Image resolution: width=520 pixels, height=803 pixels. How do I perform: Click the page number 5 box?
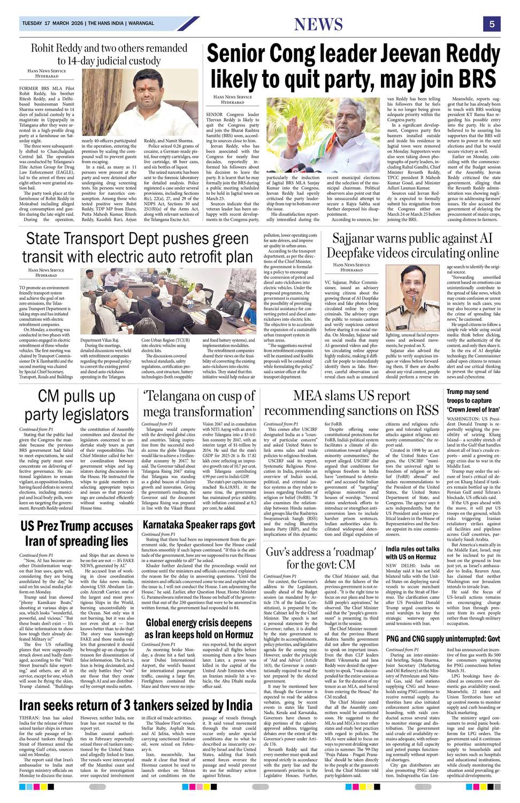point(491,24)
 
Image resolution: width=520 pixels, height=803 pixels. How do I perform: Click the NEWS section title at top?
point(318,24)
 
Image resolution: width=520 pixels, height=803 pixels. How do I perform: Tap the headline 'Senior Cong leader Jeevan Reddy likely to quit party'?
point(353,67)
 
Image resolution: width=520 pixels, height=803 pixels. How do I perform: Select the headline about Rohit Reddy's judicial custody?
point(101,54)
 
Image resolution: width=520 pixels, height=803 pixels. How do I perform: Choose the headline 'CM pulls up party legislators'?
point(76,405)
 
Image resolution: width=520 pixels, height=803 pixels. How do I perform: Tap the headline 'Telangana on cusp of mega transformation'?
point(199,404)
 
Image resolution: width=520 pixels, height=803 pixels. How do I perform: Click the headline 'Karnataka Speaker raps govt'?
point(198,524)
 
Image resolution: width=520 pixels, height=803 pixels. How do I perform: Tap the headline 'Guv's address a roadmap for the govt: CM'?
point(321,558)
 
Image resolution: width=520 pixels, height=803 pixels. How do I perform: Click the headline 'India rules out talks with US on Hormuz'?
point(412,553)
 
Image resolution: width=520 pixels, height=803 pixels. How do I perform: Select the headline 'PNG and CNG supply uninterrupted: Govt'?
point(443,639)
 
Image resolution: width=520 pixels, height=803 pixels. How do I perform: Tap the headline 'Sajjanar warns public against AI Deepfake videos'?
point(412,245)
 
